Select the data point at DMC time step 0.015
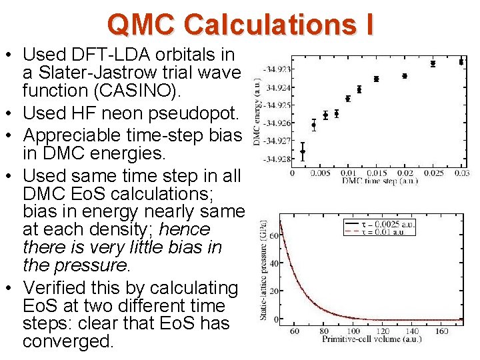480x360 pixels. (x=376, y=79)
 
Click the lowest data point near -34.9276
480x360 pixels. (x=303, y=151)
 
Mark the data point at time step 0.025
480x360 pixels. (x=433, y=64)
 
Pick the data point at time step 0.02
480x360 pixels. (x=405, y=76)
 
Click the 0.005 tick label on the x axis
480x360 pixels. (x=321, y=173)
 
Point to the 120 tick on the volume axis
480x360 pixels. (x=383, y=331)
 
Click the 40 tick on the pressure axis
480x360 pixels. (x=273, y=263)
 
